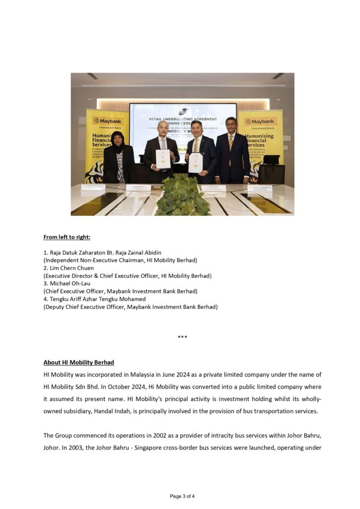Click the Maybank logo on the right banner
pos(260,121)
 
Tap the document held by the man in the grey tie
pos(163,159)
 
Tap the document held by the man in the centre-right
pos(195,163)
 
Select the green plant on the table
pos(182,197)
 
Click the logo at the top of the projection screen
pos(182,112)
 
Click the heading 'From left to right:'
pos(67,237)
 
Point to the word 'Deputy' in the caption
pos(55,307)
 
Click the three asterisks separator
pos(182,338)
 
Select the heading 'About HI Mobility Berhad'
pos(79,362)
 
